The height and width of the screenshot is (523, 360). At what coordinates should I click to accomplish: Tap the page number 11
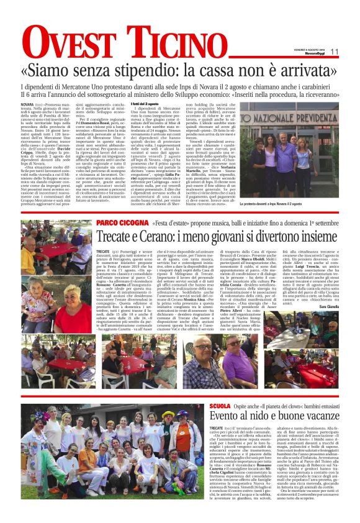pyautogui.click(x=334, y=52)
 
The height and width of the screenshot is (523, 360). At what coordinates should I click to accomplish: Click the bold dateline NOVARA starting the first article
pyautogui.click(x=27, y=104)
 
